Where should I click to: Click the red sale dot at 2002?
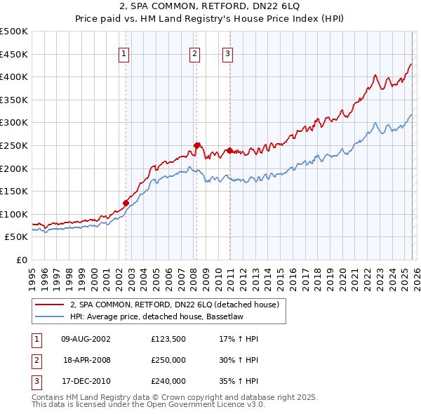[x=126, y=203]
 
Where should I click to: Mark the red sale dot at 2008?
[x=197, y=145]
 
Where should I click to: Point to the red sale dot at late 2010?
[x=229, y=150]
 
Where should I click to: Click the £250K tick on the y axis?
[x=15, y=145]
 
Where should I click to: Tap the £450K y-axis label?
[x=15, y=54]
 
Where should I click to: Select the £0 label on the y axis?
[x=22, y=260]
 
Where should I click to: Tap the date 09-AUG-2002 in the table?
[x=86, y=339]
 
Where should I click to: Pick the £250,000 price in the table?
[x=168, y=360]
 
